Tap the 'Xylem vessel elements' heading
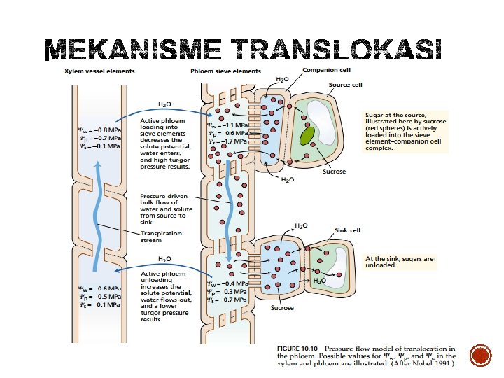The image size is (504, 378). pyautogui.click(x=100, y=71)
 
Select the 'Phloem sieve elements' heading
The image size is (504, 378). pyautogui.click(x=225, y=71)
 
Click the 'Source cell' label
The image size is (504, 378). pyautogui.click(x=346, y=85)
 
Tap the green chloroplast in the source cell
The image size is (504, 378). pyautogui.click(x=307, y=134)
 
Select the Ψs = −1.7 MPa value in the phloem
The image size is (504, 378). pyautogui.click(x=227, y=141)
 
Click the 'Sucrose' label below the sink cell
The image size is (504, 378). pyautogui.click(x=283, y=308)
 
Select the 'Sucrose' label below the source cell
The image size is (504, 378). pyautogui.click(x=335, y=170)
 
